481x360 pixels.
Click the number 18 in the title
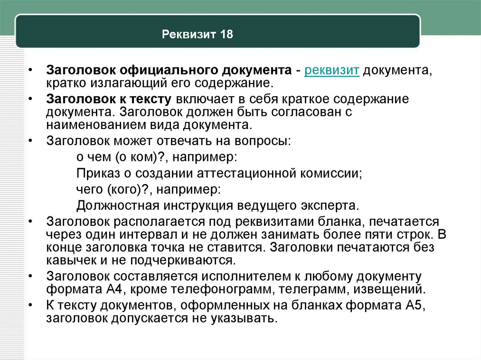coord(226,34)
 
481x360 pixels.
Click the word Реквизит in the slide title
coord(189,34)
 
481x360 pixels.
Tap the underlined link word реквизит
coord(332,70)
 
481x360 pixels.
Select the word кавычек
coord(71,260)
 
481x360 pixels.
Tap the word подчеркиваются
coord(183,260)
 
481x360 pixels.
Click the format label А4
coord(115,289)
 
